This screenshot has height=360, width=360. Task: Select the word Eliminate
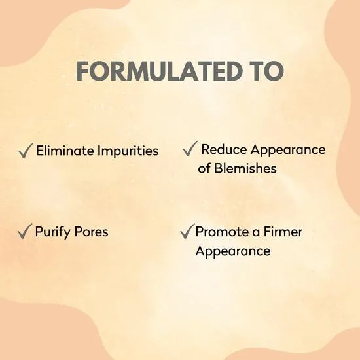(x=63, y=151)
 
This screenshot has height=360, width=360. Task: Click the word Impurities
(x=126, y=151)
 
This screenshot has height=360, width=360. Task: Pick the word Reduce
(x=222, y=149)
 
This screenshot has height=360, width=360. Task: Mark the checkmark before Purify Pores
(x=26, y=232)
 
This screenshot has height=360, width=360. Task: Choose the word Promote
(x=221, y=232)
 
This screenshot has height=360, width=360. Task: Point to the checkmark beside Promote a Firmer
(x=186, y=232)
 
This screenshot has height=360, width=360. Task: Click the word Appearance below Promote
(x=232, y=251)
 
